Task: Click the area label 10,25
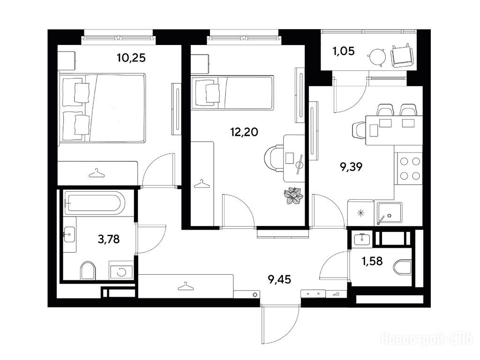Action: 131,58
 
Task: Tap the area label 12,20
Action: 244,132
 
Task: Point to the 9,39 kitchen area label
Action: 351,167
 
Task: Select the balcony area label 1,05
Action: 344,51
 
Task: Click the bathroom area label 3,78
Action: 109,239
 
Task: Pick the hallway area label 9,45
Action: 279,279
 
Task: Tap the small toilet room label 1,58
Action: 372,261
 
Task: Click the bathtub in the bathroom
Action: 95,202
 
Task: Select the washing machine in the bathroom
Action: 121,271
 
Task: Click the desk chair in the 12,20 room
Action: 274,158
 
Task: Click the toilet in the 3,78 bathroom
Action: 88,270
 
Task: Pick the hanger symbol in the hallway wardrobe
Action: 186,287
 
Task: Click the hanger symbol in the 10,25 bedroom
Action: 97,173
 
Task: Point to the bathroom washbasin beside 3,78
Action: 70,235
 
